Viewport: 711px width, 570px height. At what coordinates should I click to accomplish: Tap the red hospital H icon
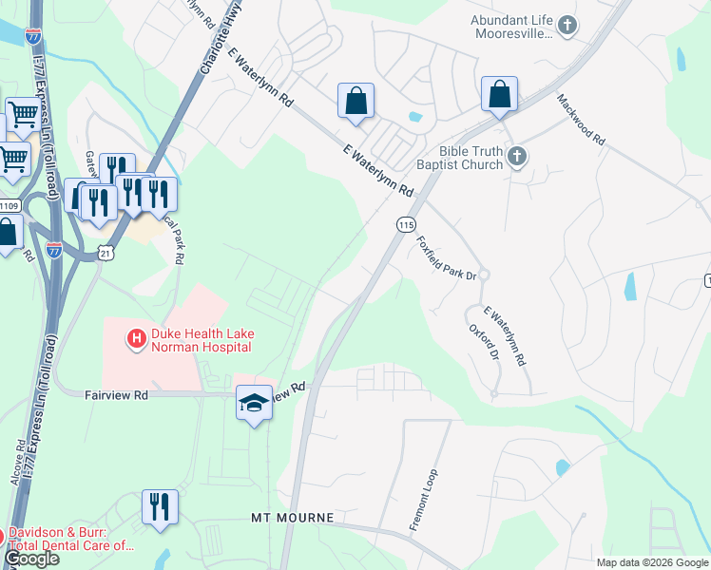coord(136,337)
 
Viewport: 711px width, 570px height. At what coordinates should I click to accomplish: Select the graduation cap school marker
coord(254,404)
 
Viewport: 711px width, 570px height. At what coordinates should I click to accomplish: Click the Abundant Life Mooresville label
coord(511,27)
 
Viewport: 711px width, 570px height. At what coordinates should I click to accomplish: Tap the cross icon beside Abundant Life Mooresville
coord(567,26)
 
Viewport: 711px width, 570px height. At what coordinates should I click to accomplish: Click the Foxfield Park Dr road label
coord(445,258)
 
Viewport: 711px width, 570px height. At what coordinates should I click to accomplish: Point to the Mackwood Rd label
coord(581,119)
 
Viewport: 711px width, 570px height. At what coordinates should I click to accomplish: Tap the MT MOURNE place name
coord(293,518)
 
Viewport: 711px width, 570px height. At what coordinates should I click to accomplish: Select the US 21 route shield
coord(106,251)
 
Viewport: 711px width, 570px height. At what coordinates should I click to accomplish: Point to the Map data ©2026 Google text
coord(652,562)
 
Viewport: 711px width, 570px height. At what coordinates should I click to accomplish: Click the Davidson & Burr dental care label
coord(71,540)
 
